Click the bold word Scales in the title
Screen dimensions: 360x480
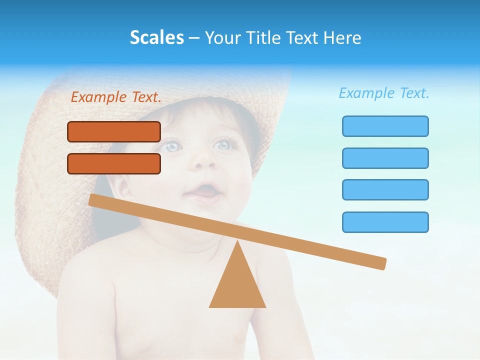pos(156,37)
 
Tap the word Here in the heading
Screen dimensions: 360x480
pos(343,37)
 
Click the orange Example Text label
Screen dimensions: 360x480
pos(116,97)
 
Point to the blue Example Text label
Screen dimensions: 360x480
pos(384,93)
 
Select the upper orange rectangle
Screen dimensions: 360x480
pos(114,131)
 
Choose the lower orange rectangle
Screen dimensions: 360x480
pos(114,163)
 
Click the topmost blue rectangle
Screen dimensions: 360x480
pos(385,126)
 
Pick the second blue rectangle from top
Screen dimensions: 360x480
pos(385,158)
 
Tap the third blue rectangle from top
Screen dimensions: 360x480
pos(385,189)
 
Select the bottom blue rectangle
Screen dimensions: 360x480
pos(385,222)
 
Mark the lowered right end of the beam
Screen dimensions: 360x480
pos(381,263)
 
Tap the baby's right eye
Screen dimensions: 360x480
pos(222,144)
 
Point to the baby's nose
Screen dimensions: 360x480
pos(204,160)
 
